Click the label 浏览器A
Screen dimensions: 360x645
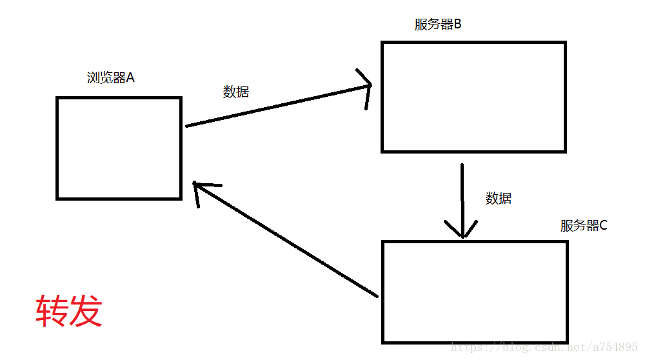110,78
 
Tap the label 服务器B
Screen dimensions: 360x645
438,25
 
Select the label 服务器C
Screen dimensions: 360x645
584,226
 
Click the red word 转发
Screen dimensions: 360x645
69,312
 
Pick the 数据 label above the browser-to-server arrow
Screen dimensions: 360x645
236,92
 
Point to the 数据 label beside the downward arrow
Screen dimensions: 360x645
499,198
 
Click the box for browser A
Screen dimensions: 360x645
119,148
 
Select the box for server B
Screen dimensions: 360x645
473,97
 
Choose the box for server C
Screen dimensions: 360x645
475,291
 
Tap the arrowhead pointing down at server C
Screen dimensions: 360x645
462,231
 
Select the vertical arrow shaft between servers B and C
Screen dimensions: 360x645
462,194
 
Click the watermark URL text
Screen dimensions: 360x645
545,347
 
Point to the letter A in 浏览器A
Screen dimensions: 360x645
130,78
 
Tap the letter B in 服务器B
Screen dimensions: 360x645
457,25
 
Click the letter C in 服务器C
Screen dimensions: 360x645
603,226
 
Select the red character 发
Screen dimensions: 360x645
86,312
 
